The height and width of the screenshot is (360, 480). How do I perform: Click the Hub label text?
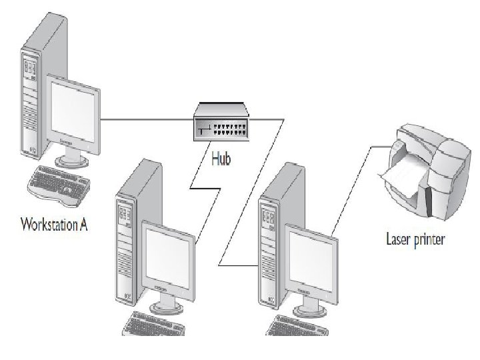220,160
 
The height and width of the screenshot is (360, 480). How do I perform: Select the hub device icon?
221,121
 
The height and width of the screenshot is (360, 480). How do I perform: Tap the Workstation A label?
55,222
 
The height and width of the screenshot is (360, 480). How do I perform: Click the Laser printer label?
415,239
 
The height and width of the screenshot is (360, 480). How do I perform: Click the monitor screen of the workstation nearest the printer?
311,257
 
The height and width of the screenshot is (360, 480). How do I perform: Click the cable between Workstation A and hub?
147,120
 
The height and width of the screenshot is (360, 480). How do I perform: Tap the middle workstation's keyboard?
150,327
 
